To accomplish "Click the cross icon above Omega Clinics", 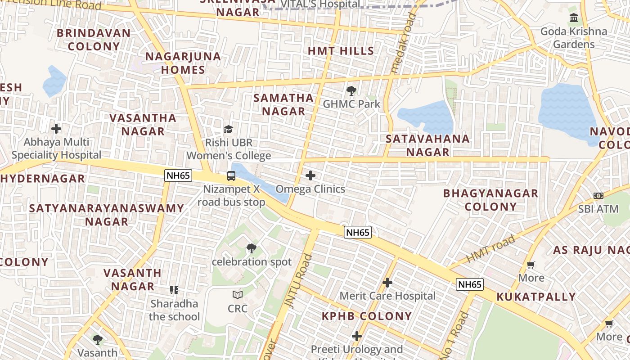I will point(310,175).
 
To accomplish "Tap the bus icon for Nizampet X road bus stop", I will point(231,176).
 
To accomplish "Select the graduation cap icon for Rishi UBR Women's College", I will point(229,130).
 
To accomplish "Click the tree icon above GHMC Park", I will point(351,91).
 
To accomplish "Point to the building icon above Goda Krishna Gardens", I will point(574,18).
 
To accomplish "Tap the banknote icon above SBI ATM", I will point(598,196).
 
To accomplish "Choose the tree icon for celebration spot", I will point(252,248).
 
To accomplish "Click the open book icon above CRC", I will point(238,295).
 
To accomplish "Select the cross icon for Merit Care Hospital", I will point(387,283).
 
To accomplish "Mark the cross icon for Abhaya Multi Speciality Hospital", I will point(56,129).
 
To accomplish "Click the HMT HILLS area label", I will point(341,51).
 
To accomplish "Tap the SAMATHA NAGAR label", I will point(283,104).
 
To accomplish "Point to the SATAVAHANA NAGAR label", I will point(427,145).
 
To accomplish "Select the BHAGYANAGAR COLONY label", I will point(490,200).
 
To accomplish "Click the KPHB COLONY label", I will point(367,316).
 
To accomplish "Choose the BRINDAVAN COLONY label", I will point(94,40).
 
